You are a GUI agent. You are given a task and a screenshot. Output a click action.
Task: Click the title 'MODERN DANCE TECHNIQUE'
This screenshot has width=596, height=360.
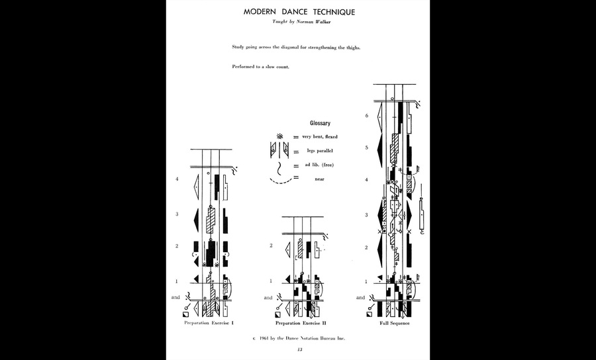click(298, 12)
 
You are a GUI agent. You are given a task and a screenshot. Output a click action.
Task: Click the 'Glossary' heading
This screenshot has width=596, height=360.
click(320, 123)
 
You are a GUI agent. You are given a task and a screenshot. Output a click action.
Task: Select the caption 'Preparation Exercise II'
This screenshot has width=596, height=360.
click(301, 324)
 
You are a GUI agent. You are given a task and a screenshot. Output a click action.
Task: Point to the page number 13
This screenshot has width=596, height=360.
click(299, 349)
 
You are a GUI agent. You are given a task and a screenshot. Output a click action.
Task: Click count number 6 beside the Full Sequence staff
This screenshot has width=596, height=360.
click(366, 116)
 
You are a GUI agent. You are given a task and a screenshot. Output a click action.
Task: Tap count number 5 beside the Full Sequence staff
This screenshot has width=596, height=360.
click(366, 148)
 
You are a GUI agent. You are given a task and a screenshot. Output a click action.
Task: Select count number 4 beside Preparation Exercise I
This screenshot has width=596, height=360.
click(177, 179)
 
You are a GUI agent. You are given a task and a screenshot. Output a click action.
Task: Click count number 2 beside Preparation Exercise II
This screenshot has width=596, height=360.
click(270, 246)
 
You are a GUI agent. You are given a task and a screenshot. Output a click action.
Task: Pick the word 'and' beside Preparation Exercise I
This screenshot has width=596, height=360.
click(175, 298)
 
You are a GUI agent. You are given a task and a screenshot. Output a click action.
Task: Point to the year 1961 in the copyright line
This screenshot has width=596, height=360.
click(268, 338)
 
